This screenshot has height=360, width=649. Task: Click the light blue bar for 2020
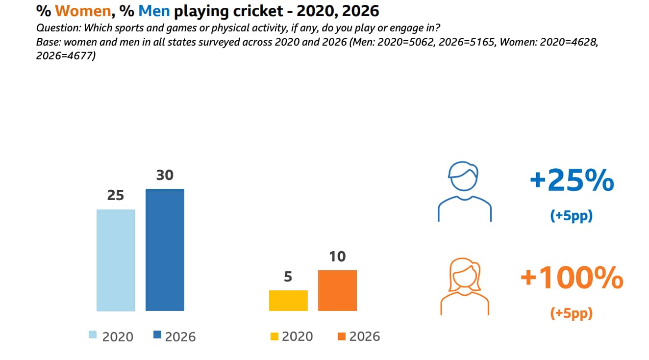[116, 260]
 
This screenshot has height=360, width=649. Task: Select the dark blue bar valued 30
[165, 250]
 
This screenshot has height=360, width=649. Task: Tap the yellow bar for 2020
[288, 300]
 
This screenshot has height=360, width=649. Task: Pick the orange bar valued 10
[337, 290]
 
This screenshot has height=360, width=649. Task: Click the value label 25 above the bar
[115, 196]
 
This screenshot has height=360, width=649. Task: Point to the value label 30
[165, 175]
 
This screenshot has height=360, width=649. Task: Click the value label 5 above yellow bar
[288, 277]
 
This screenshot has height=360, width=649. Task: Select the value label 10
[337, 257]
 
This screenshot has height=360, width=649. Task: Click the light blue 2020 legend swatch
[93, 335]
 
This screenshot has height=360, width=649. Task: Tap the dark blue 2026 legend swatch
[157, 335]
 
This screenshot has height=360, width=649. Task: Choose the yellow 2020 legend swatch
[275, 336]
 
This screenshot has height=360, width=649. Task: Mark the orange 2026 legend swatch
[342, 336]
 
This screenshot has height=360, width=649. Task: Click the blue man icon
[464, 191]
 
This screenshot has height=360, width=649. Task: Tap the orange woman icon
[464, 287]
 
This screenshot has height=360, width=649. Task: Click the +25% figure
[572, 181]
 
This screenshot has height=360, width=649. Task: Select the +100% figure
[572, 279]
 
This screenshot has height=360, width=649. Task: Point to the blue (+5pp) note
[572, 215]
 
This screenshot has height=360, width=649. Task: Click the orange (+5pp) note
[572, 313]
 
